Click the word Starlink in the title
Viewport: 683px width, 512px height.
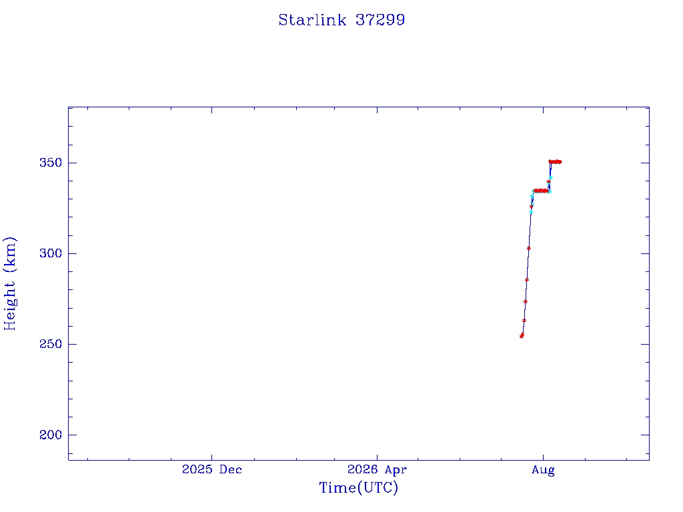[312, 20]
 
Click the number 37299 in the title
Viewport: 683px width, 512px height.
[380, 20]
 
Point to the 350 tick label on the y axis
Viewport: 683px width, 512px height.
[51, 163]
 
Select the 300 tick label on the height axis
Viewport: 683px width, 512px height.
[51, 253]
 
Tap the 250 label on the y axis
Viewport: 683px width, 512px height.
[51, 344]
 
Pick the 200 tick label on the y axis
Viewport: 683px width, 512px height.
[51, 435]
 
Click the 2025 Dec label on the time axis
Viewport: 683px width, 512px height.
[211, 469]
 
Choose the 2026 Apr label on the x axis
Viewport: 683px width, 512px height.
[377, 469]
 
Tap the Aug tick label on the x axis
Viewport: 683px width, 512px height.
[543, 470]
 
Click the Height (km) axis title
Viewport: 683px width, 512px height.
[9, 283]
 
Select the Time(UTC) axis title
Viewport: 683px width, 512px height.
[358, 487]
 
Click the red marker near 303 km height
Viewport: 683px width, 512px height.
[529, 248]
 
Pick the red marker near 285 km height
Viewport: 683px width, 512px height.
[527, 280]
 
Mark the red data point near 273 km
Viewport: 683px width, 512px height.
[526, 301]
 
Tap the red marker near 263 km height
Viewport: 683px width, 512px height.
[524, 321]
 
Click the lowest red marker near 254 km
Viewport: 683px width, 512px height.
[522, 336]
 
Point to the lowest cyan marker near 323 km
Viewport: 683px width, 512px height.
[531, 212]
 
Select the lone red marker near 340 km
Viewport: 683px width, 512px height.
[548, 181]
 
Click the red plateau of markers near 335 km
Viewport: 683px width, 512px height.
[540, 191]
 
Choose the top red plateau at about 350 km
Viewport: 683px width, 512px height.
[556, 162]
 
